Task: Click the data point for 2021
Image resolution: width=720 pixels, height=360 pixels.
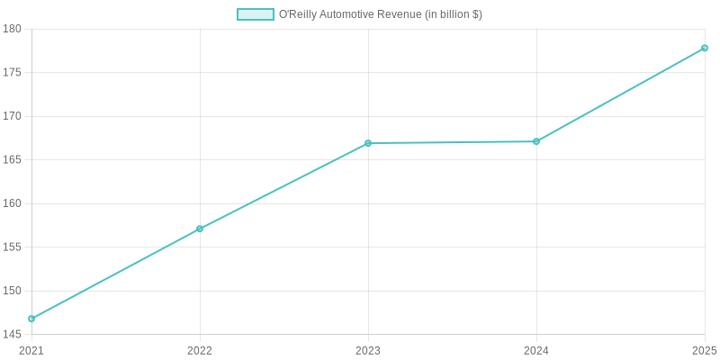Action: [x=31, y=319]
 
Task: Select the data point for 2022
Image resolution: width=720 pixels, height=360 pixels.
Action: [x=200, y=229]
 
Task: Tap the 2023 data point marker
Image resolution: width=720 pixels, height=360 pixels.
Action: [x=368, y=143]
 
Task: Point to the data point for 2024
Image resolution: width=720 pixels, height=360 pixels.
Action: [x=536, y=141]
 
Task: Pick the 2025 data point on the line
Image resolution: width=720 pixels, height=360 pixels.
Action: [x=705, y=48]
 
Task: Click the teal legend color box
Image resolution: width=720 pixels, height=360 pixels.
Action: [x=256, y=14]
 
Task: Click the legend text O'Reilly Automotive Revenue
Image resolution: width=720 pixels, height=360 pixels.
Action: [x=380, y=14]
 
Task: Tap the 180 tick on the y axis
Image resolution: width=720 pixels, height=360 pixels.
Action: [x=13, y=29]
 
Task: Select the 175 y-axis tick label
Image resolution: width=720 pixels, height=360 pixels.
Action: [x=13, y=73]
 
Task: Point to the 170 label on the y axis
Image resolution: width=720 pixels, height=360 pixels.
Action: [x=13, y=116]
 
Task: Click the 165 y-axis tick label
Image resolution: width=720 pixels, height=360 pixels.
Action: [x=13, y=160]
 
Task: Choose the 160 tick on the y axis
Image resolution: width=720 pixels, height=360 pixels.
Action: [x=13, y=203]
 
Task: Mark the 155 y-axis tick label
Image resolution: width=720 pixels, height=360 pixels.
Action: [x=13, y=247]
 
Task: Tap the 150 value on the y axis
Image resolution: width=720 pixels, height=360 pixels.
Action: [x=13, y=291]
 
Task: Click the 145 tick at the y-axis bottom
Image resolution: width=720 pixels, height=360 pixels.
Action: [x=13, y=335]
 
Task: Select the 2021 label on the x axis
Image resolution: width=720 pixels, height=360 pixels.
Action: [x=31, y=350]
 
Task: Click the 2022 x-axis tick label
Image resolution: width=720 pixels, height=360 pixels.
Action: [x=200, y=350]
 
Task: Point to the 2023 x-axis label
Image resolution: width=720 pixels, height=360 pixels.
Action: [x=368, y=350]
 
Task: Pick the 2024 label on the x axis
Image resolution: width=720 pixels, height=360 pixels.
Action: [x=536, y=350]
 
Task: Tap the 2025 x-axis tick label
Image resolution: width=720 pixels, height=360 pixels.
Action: [x=704, y=350]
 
